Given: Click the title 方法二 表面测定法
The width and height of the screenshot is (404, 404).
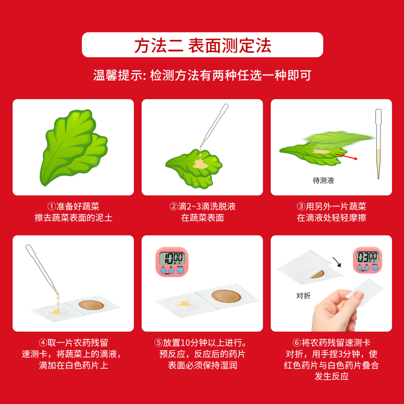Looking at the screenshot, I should [202, 45].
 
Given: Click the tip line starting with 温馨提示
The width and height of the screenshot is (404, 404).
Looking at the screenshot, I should [202, 76].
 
